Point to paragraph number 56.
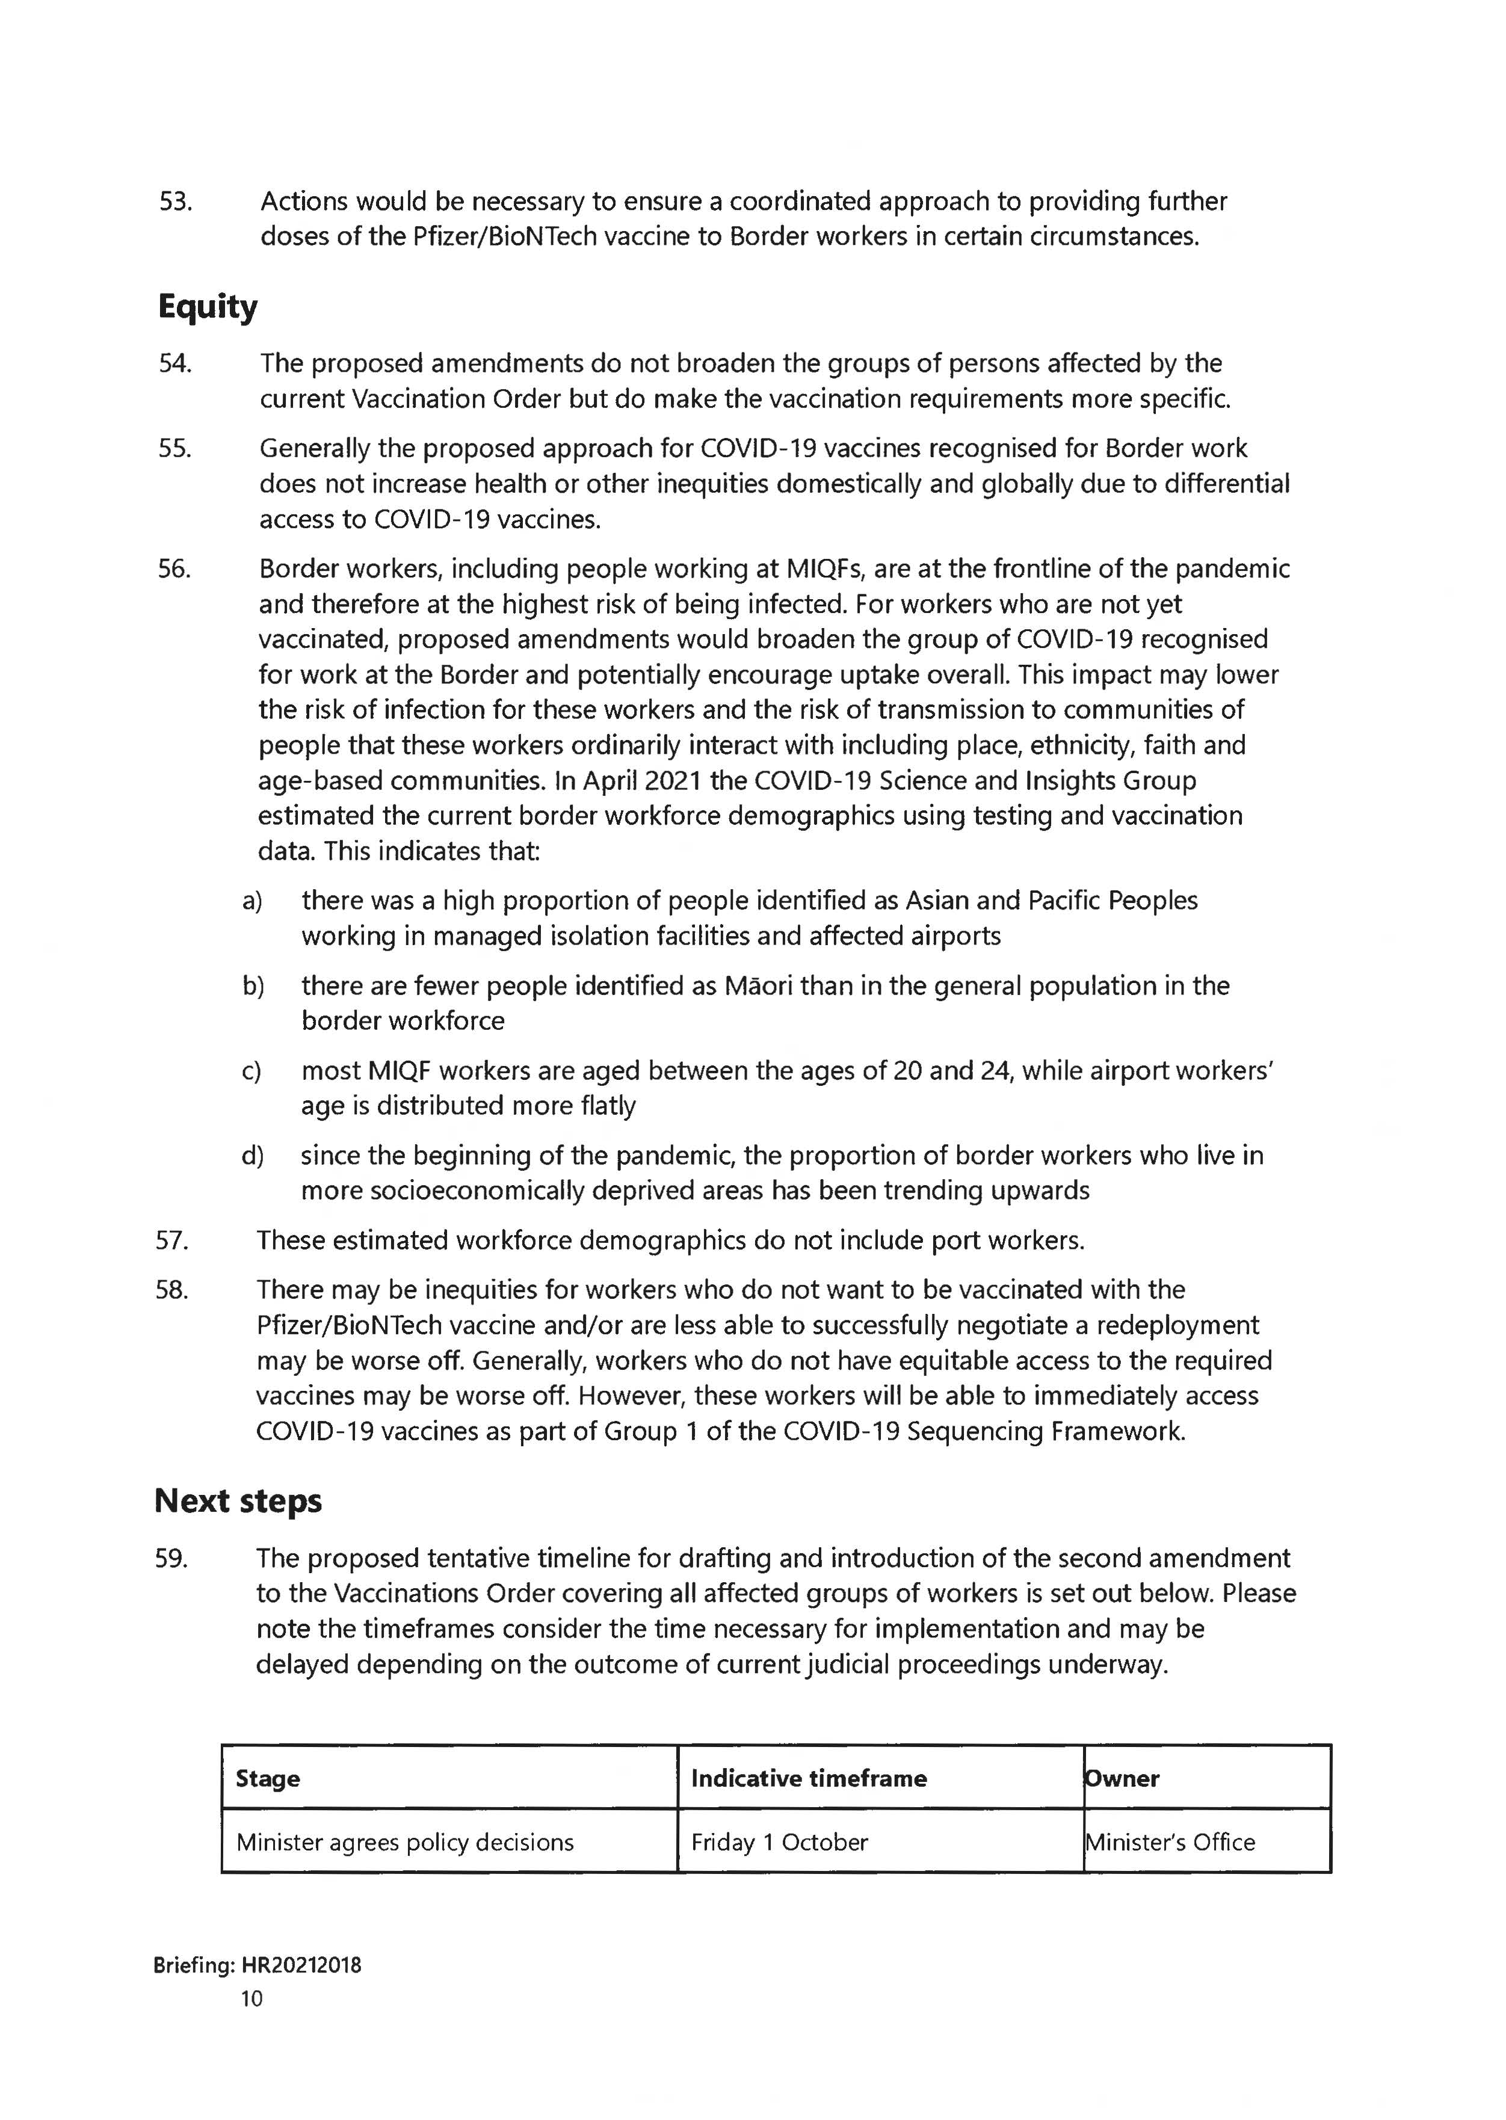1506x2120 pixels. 174,569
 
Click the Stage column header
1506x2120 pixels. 268,1778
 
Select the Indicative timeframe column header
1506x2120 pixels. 809,1778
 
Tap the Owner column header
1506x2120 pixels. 1122,1778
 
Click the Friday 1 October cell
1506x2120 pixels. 779,1842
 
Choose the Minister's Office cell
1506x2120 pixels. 1170,1842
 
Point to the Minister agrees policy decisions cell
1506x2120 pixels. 406,1842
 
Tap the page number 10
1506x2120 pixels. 252,1998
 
